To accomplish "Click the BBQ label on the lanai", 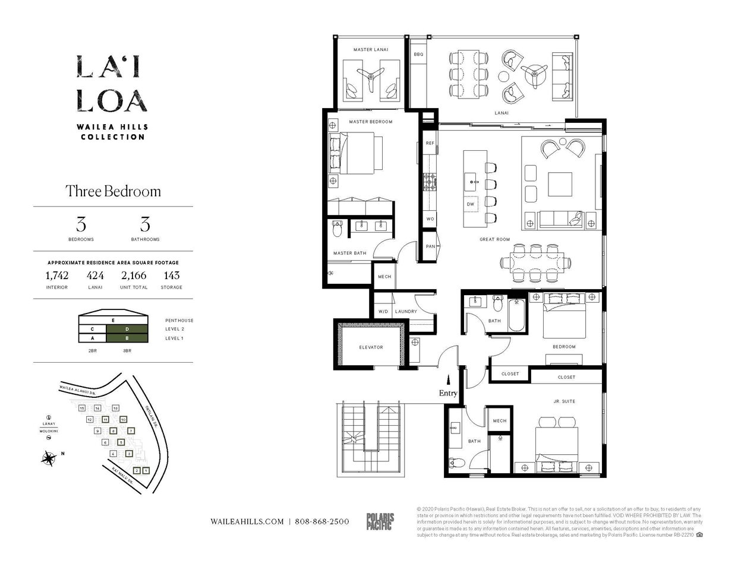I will (418, 54).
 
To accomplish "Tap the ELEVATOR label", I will (371, 347).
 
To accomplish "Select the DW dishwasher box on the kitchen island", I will (471, 204).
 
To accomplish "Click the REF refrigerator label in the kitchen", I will (430, 143).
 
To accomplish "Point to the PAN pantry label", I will (430, 246).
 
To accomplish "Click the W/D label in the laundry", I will (383, 311).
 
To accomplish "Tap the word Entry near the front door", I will (448, 393).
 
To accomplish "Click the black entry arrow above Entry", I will (449, 379).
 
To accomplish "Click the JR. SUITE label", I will (564, 401).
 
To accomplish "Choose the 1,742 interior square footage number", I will (57, 275).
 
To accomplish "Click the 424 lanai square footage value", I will (95, 275).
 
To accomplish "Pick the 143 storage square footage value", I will (171, 275).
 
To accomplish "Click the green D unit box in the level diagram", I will (127, 329).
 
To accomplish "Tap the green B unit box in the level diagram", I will (127, 338).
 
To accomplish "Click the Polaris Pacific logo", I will (379, 521).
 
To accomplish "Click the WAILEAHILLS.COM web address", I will (247, 521).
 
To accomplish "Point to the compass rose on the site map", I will (49, 457).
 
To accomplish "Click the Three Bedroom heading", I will (113, 191).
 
